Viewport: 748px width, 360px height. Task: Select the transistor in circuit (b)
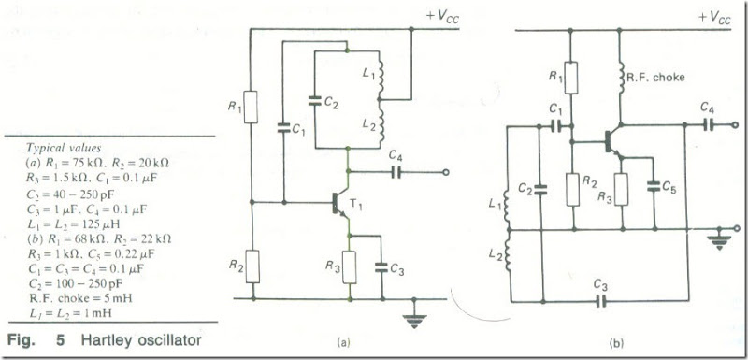(613, 141)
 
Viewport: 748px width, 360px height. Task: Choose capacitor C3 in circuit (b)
(602, 301)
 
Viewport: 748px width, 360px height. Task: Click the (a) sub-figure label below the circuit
(345, 343)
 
